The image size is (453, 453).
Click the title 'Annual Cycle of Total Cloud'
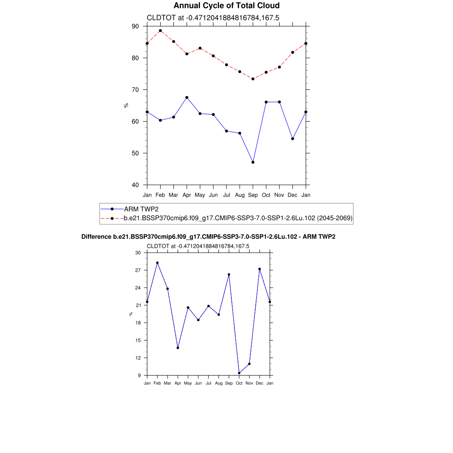tap(226, 6)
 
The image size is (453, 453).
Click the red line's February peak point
tap(160, 31)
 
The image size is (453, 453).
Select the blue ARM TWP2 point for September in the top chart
tap(253, 162)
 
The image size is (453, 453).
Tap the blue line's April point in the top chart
tap(187, 97)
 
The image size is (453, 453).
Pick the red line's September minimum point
tap(253, 79)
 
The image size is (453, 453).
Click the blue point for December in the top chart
tap(292, 139)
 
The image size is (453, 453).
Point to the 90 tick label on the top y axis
tap(135, 27)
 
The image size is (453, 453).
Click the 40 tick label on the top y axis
tap(135, 185)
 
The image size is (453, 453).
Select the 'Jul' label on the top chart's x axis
tap(226, 195)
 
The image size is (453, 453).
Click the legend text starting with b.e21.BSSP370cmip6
tap(238, 218)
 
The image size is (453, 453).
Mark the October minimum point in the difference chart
tap(239, 373)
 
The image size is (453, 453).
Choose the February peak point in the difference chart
tap(157, 263)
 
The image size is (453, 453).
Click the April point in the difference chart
tap(178, 348)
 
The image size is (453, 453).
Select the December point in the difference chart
tap(260, 269)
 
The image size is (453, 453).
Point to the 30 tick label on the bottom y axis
tap(138, 253)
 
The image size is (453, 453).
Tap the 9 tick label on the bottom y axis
tap(139, 376)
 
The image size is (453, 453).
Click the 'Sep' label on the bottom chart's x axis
tap(229, 383)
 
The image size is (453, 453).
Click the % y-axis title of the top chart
tap(126, 105)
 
